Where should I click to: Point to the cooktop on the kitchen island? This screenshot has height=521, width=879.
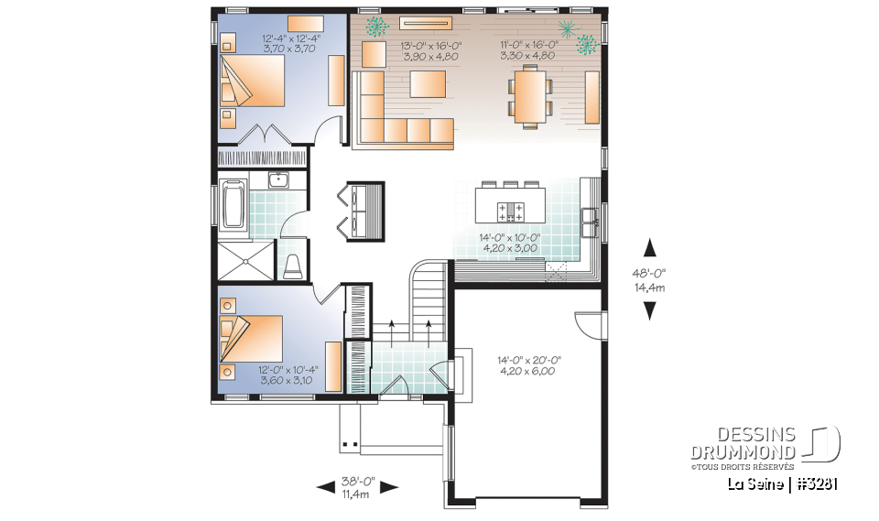(x=510, y=212)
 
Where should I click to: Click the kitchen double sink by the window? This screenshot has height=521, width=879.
(x=590, y=216)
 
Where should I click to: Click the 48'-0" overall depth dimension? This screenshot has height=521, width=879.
(x=649, y=273)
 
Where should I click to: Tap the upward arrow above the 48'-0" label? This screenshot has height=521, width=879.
(x=649, y=247)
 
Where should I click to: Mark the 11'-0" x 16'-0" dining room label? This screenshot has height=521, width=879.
(x=528, y=49)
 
